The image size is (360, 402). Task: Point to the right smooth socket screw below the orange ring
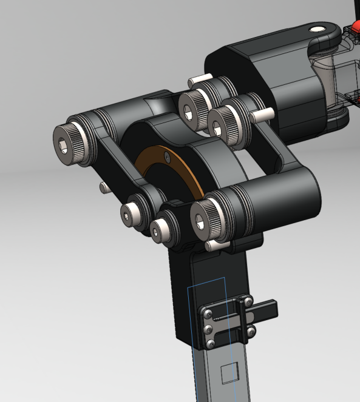point(162,230)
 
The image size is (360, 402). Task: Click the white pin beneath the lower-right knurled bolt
point(214,246)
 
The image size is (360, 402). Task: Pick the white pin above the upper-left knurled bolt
point(199,79)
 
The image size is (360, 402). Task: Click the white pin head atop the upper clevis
point(318,28)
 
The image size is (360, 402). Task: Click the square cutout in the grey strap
point(229,373)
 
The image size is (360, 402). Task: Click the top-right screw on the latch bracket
point(248,300)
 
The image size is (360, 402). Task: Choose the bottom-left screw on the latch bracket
point(210,344)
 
